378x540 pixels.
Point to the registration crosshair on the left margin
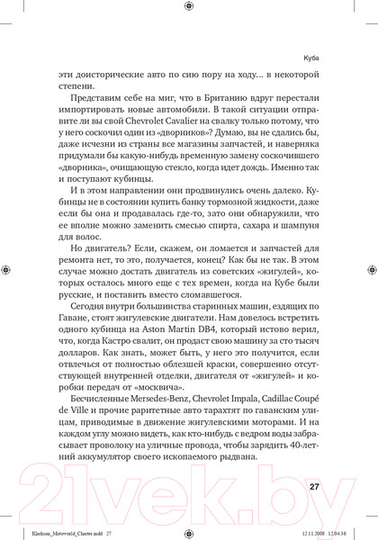click(x=8, y=269)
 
